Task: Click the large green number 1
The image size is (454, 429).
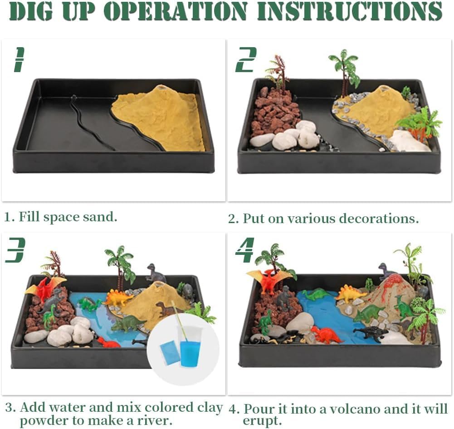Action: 19,60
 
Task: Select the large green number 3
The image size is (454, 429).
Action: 15,250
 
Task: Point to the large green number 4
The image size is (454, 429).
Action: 245,250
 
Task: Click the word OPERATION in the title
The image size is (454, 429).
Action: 176,11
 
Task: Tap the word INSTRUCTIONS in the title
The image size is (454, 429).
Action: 350,11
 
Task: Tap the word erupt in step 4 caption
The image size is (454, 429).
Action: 262,421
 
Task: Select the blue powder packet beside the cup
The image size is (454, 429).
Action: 170,353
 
